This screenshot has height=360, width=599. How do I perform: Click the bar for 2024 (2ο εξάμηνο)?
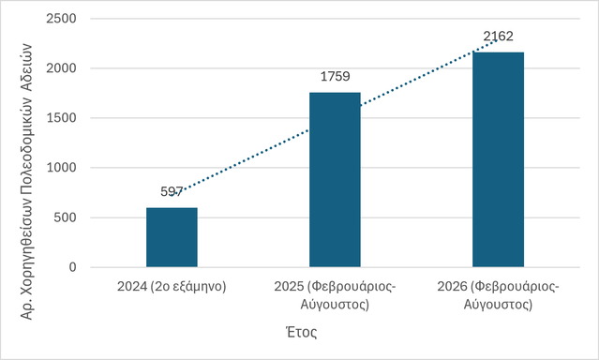[x=172, y=237]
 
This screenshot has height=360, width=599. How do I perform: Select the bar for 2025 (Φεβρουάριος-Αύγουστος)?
[x=335, y=180]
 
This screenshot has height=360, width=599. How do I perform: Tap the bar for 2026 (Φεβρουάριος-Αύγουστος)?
[x=498, y=159]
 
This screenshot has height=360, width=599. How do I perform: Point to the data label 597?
[x=172, y=191]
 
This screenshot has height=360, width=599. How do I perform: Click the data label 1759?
[x=335, y=77]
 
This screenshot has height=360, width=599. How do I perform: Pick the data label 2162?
[x=498, y=37]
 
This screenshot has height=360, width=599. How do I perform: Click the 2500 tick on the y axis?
[x=61, y=19]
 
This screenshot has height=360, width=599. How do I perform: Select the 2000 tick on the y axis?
[x=61, y=68]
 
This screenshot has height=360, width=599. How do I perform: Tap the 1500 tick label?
[x=61, y=118]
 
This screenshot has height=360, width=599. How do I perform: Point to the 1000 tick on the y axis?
[x=61, y=168]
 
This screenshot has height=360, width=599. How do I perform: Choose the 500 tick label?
[x=65, y=217]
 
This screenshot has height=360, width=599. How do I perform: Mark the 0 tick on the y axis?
[x=72, y=267]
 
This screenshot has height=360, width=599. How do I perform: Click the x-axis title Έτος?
[x=302, y=332]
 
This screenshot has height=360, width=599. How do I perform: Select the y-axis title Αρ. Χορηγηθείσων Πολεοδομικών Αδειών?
[x=26, y=182]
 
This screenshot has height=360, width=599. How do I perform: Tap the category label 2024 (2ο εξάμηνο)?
[x=172, y=286]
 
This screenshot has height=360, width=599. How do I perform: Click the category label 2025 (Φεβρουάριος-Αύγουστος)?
[x=335, y=295]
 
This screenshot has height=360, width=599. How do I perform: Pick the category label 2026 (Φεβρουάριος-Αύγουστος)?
[x=498, y=295]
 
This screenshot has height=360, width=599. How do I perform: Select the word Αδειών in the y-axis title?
[x=26, y=68]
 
